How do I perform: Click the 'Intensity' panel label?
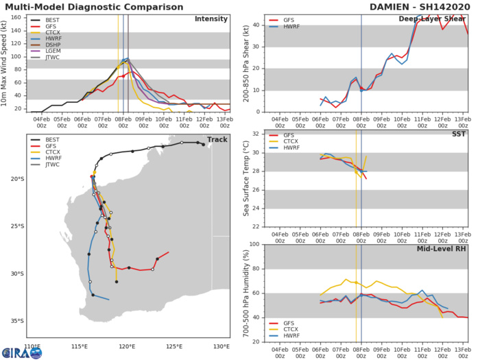[211, 19]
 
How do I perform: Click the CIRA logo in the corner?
[21, 351]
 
